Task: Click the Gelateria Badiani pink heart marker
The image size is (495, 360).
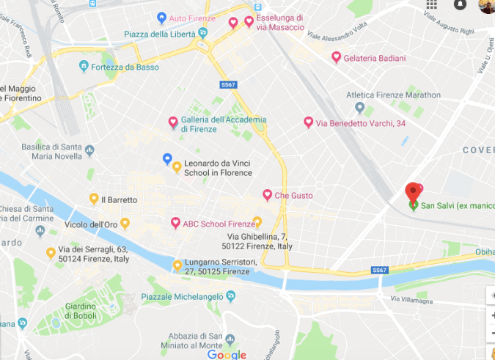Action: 336,57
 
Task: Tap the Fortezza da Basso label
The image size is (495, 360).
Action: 125,67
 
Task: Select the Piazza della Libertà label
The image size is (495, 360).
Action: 159,34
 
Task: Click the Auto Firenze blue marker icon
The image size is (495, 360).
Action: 161,18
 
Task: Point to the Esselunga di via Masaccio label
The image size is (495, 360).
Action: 279,22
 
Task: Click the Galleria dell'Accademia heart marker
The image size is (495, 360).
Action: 173,122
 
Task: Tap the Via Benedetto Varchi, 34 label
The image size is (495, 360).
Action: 360,123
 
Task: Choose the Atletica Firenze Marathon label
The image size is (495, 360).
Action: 393,95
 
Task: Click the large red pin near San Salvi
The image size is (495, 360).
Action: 414,193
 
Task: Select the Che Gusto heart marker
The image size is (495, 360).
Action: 267,194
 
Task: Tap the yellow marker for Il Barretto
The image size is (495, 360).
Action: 94,198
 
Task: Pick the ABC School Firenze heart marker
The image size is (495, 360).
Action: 175,223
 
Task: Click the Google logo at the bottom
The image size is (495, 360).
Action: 227,355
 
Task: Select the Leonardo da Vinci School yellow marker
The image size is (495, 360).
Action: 176,167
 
